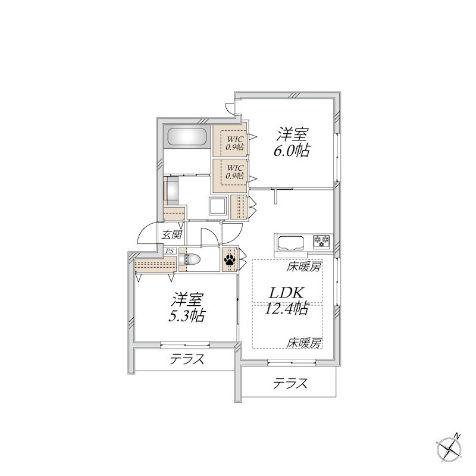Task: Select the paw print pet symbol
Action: click(x=230, y=260)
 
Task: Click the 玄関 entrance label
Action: click(x=172, y=234)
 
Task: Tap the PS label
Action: click(x=170, y=252)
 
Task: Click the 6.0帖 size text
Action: click(x=291, y=151)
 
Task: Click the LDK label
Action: click(x=288, y=292)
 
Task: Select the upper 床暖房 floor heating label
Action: click(x=304, y=267)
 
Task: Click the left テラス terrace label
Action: click(x=187, y=359)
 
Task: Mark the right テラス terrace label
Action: click(x=290, y=384)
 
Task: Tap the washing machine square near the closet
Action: click(x=216, y=206)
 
